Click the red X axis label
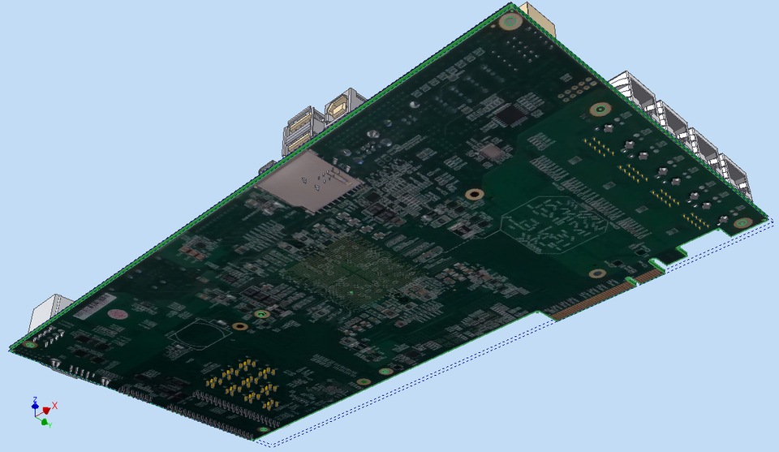click(54, 405)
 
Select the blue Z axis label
click(35, 399)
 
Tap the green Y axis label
click(49, 424)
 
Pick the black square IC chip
click(510, 114)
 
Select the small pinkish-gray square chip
click(492, 151)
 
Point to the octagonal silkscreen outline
click(555, 223)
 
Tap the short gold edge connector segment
click(647, 276)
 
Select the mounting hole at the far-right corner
click(740, 222)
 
